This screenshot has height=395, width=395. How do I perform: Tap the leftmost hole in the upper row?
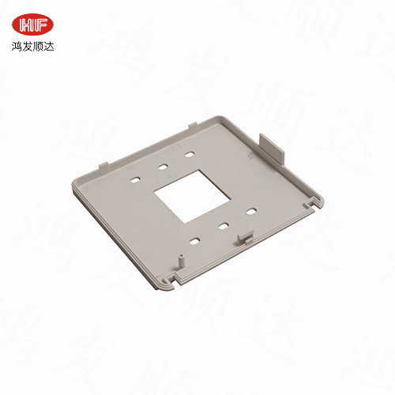[135, 180]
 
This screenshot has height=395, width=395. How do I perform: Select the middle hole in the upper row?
[162, 167]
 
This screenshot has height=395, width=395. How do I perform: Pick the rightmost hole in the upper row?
[190, 154]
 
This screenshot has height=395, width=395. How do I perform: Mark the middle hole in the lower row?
[223, 226]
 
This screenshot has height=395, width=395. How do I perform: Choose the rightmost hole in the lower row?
[250, 212]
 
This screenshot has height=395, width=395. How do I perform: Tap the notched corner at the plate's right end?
[317, 204]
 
